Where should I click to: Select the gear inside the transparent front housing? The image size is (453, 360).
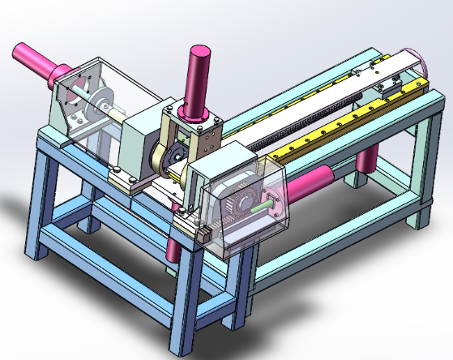pos(237,204)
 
